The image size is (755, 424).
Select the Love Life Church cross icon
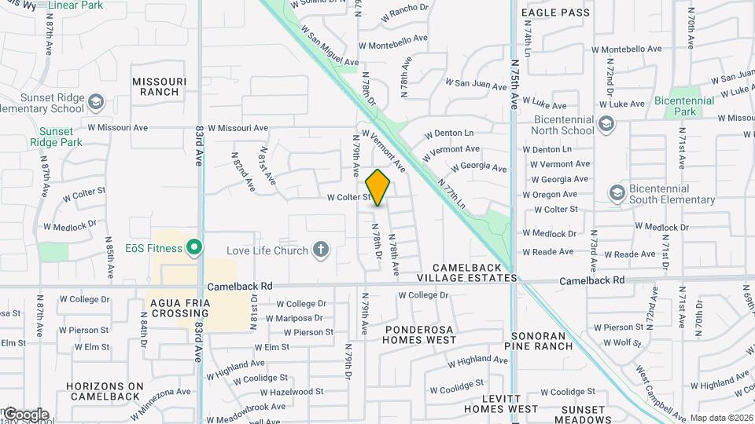320,250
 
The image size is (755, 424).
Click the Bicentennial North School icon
606,123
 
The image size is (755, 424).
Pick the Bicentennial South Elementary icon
617,192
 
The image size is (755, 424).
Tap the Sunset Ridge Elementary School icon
95,102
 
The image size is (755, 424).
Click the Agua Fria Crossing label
179,308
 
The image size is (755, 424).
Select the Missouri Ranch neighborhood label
160,86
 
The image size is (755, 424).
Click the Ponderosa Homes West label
419,334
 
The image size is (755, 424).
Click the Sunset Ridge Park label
56,137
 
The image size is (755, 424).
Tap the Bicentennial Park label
684,106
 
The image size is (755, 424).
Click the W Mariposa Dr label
294,318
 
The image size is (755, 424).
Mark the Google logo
26,415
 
